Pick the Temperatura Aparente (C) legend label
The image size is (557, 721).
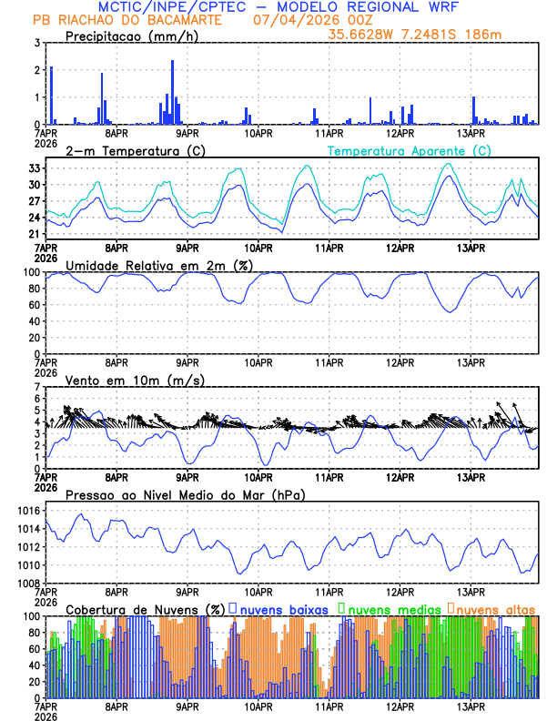click(410, 150)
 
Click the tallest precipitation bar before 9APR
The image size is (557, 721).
click(172, 92)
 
